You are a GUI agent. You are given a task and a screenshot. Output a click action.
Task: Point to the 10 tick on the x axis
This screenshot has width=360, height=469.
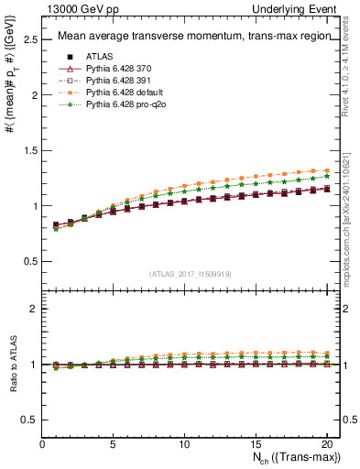184,444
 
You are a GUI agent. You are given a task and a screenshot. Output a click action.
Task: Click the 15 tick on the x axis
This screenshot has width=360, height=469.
255,444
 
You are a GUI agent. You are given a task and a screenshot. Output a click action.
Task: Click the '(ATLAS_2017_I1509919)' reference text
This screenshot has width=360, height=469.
191,272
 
